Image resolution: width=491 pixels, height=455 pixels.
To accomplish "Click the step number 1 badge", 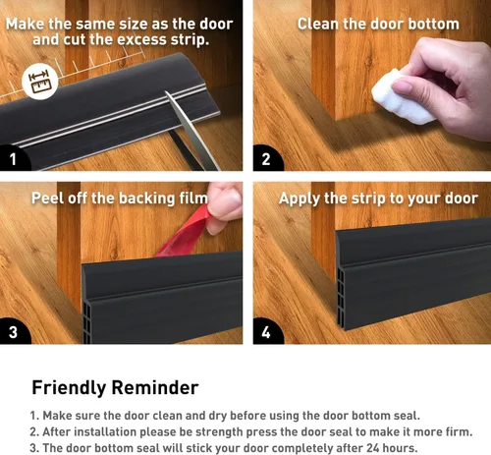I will click(x=13, y=157).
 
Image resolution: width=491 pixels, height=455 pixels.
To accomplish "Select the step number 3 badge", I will click(x=13, y=331).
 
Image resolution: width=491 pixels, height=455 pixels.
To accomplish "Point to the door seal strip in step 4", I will click(x=408, y=285).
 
